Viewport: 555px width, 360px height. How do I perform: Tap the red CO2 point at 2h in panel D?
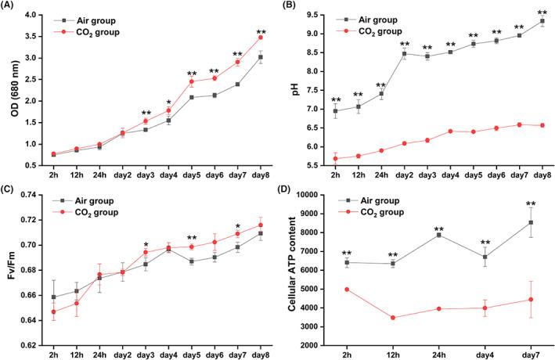[x=346, y=290]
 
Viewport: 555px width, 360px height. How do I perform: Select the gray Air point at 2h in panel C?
[x=54, y=297]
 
